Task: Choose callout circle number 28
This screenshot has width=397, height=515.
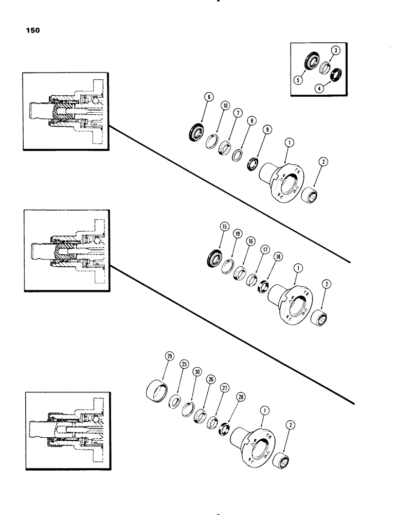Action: pos(241,397)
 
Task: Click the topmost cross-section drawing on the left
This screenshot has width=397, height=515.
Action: pos(65,112)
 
